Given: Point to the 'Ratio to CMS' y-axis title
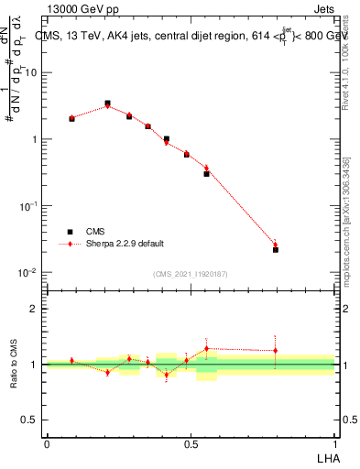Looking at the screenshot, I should (x=14, y=365).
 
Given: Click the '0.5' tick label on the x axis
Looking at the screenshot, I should (x=191, y=442).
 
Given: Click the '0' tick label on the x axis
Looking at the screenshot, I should (x=47, y=442).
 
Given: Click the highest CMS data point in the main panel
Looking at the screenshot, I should (x=107, y=104).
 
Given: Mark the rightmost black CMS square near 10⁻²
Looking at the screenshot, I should (x=276, y=249).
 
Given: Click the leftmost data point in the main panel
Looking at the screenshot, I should (x=71, y=118).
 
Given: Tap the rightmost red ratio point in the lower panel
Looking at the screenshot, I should (x=276, y=350).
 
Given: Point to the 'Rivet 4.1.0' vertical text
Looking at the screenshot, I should (x=345, y=55).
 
